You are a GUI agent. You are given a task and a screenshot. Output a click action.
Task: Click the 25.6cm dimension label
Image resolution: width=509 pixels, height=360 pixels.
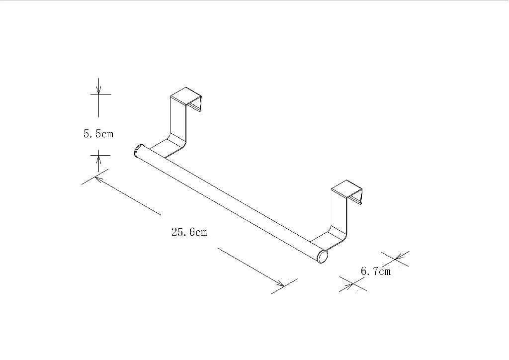[x=189, y=232]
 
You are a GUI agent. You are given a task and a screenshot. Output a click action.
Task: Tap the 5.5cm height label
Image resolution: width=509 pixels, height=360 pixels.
[x=98, y=134]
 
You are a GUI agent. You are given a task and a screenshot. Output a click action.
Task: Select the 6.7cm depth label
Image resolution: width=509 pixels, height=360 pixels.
[x=375, y=271]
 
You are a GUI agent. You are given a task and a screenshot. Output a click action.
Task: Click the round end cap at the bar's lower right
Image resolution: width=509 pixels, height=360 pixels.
[x=323, y=257]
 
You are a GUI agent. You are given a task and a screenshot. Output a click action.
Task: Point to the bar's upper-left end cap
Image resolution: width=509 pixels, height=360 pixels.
[x=138, y=150]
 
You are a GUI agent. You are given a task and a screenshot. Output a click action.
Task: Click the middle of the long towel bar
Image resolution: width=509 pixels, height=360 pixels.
[x=230, y=203]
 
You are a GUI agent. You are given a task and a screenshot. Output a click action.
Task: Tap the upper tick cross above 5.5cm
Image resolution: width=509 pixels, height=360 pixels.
[x=99, y=93]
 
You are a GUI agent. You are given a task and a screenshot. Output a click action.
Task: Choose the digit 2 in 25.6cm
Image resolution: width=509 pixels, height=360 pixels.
[x=174, y=232]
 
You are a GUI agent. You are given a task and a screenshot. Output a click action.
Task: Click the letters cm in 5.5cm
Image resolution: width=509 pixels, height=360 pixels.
[x=106, y=134]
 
